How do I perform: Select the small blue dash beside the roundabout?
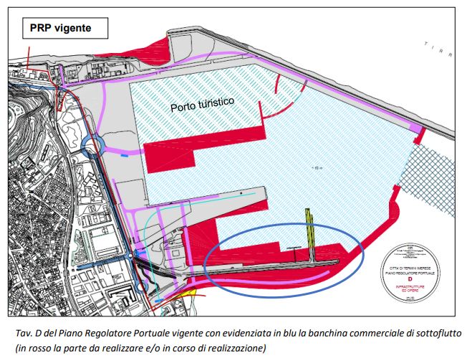pyautogui.click(x=125, y=155)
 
